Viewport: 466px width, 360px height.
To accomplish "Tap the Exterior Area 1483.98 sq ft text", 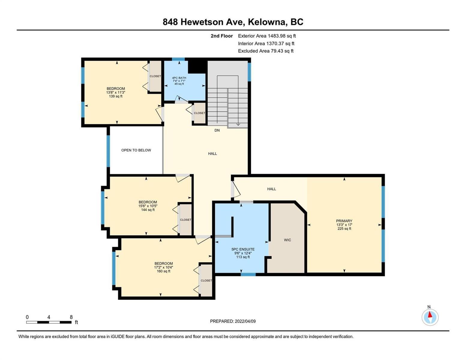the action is [267, 36].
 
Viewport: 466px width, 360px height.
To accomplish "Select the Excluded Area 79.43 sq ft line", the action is [266, 51].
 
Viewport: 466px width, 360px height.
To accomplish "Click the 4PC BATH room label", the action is [179, 78].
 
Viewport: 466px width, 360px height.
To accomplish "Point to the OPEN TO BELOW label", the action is [136, 150].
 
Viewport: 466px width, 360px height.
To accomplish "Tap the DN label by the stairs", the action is [217, 130].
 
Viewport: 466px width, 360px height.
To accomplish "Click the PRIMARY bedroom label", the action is [344, 221].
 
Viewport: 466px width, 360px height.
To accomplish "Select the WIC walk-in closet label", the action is [287, 240].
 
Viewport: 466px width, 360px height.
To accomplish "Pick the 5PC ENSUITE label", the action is [243, 249].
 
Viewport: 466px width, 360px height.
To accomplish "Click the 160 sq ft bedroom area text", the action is [164, 271].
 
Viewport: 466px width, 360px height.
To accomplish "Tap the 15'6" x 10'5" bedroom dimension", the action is [148, 206].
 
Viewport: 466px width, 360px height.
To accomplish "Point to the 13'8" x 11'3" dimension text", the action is [116, 92].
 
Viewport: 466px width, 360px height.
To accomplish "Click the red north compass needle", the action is [430, 314].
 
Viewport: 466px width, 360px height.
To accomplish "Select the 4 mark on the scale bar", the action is [49, 317].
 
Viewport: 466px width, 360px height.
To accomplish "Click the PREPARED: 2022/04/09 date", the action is [233, 321].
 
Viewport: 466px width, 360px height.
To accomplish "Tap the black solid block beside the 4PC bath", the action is [197, 67].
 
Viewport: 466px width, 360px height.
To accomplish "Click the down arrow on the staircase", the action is [238, 124].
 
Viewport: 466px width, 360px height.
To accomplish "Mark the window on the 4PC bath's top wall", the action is [179, 59].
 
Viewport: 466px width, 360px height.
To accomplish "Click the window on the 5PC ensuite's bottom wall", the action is [248, 274].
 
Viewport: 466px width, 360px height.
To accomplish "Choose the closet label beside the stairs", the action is [200, 113].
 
